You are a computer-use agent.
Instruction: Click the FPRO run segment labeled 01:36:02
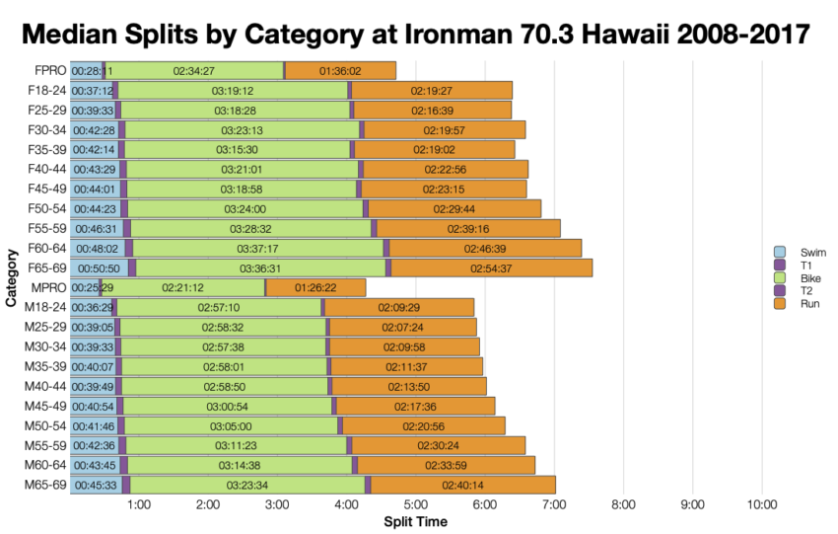pos(341,71)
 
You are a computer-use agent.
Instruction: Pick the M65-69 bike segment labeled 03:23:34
pos(248,485)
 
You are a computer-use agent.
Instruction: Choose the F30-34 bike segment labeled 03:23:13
pos(244,129)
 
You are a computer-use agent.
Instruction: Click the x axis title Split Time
pos(414,521)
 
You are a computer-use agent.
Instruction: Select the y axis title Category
pos(10,278)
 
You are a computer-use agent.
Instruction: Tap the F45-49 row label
pos(45,189)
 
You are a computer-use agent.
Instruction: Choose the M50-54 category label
pos(45,425)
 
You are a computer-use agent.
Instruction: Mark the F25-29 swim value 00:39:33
pos(92,110)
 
